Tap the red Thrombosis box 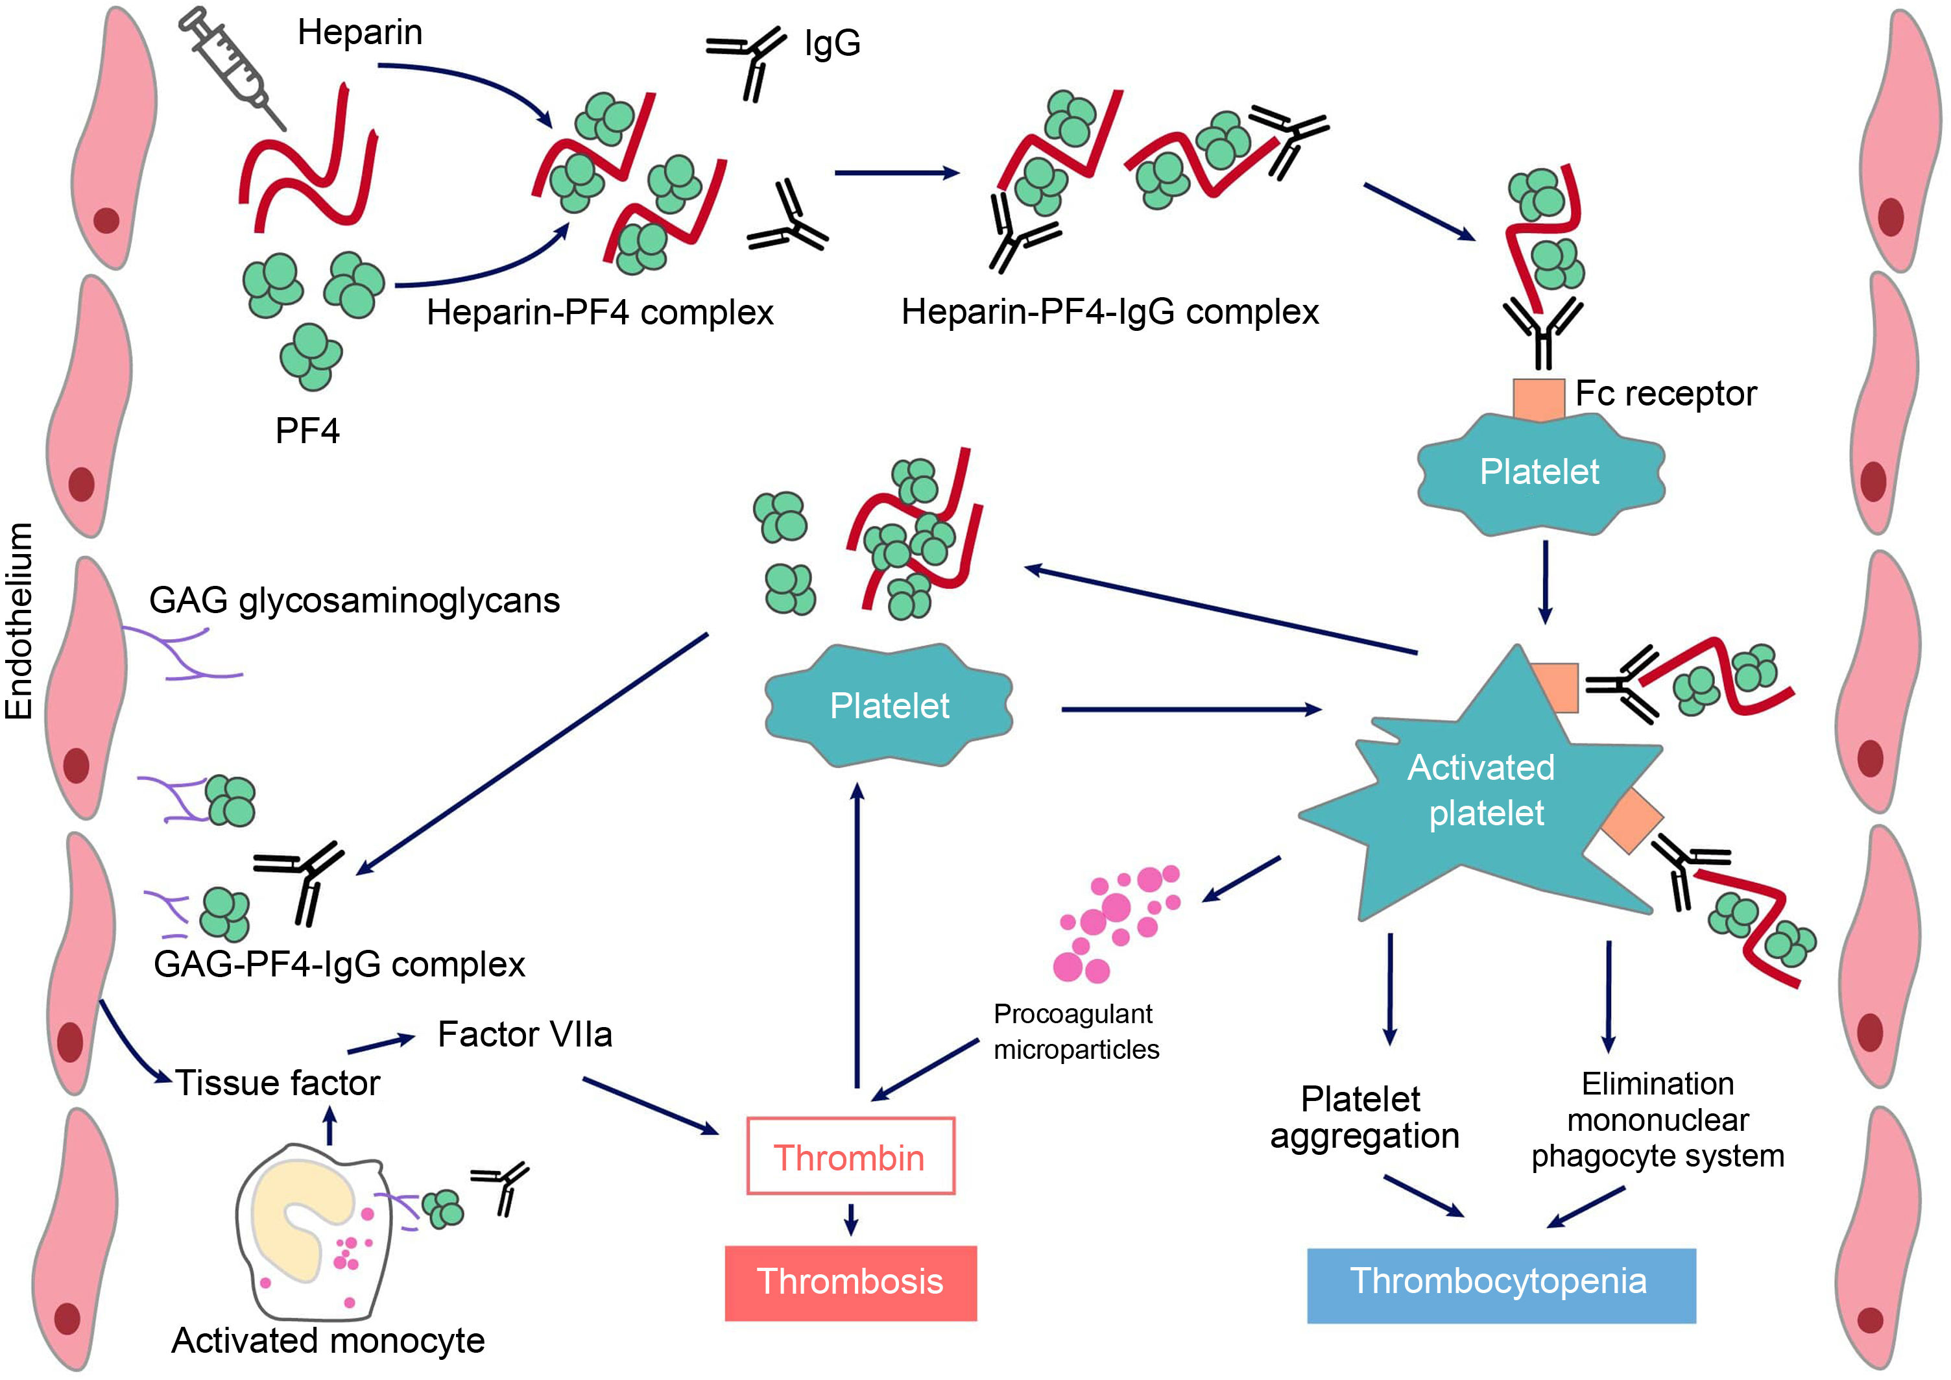pyautogui.click(x=850, y=1282)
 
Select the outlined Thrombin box pyautogui.click(x=850, y=1157)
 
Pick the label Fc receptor pyautogui.click(x=1666, y=393)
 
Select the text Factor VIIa pyautogui.click(x=524, y=1034)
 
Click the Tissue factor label pyautogui.click(x=277, y=1083)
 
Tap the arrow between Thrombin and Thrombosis pyautogui.click(x=850, y=1219)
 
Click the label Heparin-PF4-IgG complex pyautogui.click(x=1110, y=312)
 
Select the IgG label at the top pyautogui.click(x=832, y=42)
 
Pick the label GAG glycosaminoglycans pyautogui.click(x=354, y=600)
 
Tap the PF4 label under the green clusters pyautogui.click(x=307, y=431)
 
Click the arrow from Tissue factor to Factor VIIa pyautogui.click(x=380, y=1043)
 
